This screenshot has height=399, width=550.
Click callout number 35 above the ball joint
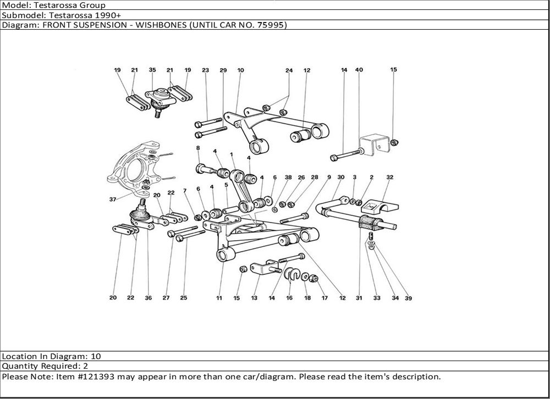click(x=152, y=70)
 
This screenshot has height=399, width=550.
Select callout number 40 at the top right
click(x=359, y=70)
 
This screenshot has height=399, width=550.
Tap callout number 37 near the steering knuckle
click(x=112, y=200)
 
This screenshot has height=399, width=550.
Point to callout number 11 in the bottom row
click(x=219, y=298)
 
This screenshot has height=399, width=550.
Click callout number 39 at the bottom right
click(x=408, y=298)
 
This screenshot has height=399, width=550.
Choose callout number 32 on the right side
click(x=389, y=178)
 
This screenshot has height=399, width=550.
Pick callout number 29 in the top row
click(x=223, y=70)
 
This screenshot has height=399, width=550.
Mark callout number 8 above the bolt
click(x=198, y=148)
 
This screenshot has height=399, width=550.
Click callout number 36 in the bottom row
click(x=148, y=298)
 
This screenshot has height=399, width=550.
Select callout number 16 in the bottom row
click(x=289, y=298)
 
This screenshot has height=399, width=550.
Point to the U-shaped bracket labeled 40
click(x=372, y=144)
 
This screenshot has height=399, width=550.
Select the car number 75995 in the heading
click(x=268, y=25)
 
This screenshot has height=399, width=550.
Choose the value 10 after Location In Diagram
click(x=96, y=356)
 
